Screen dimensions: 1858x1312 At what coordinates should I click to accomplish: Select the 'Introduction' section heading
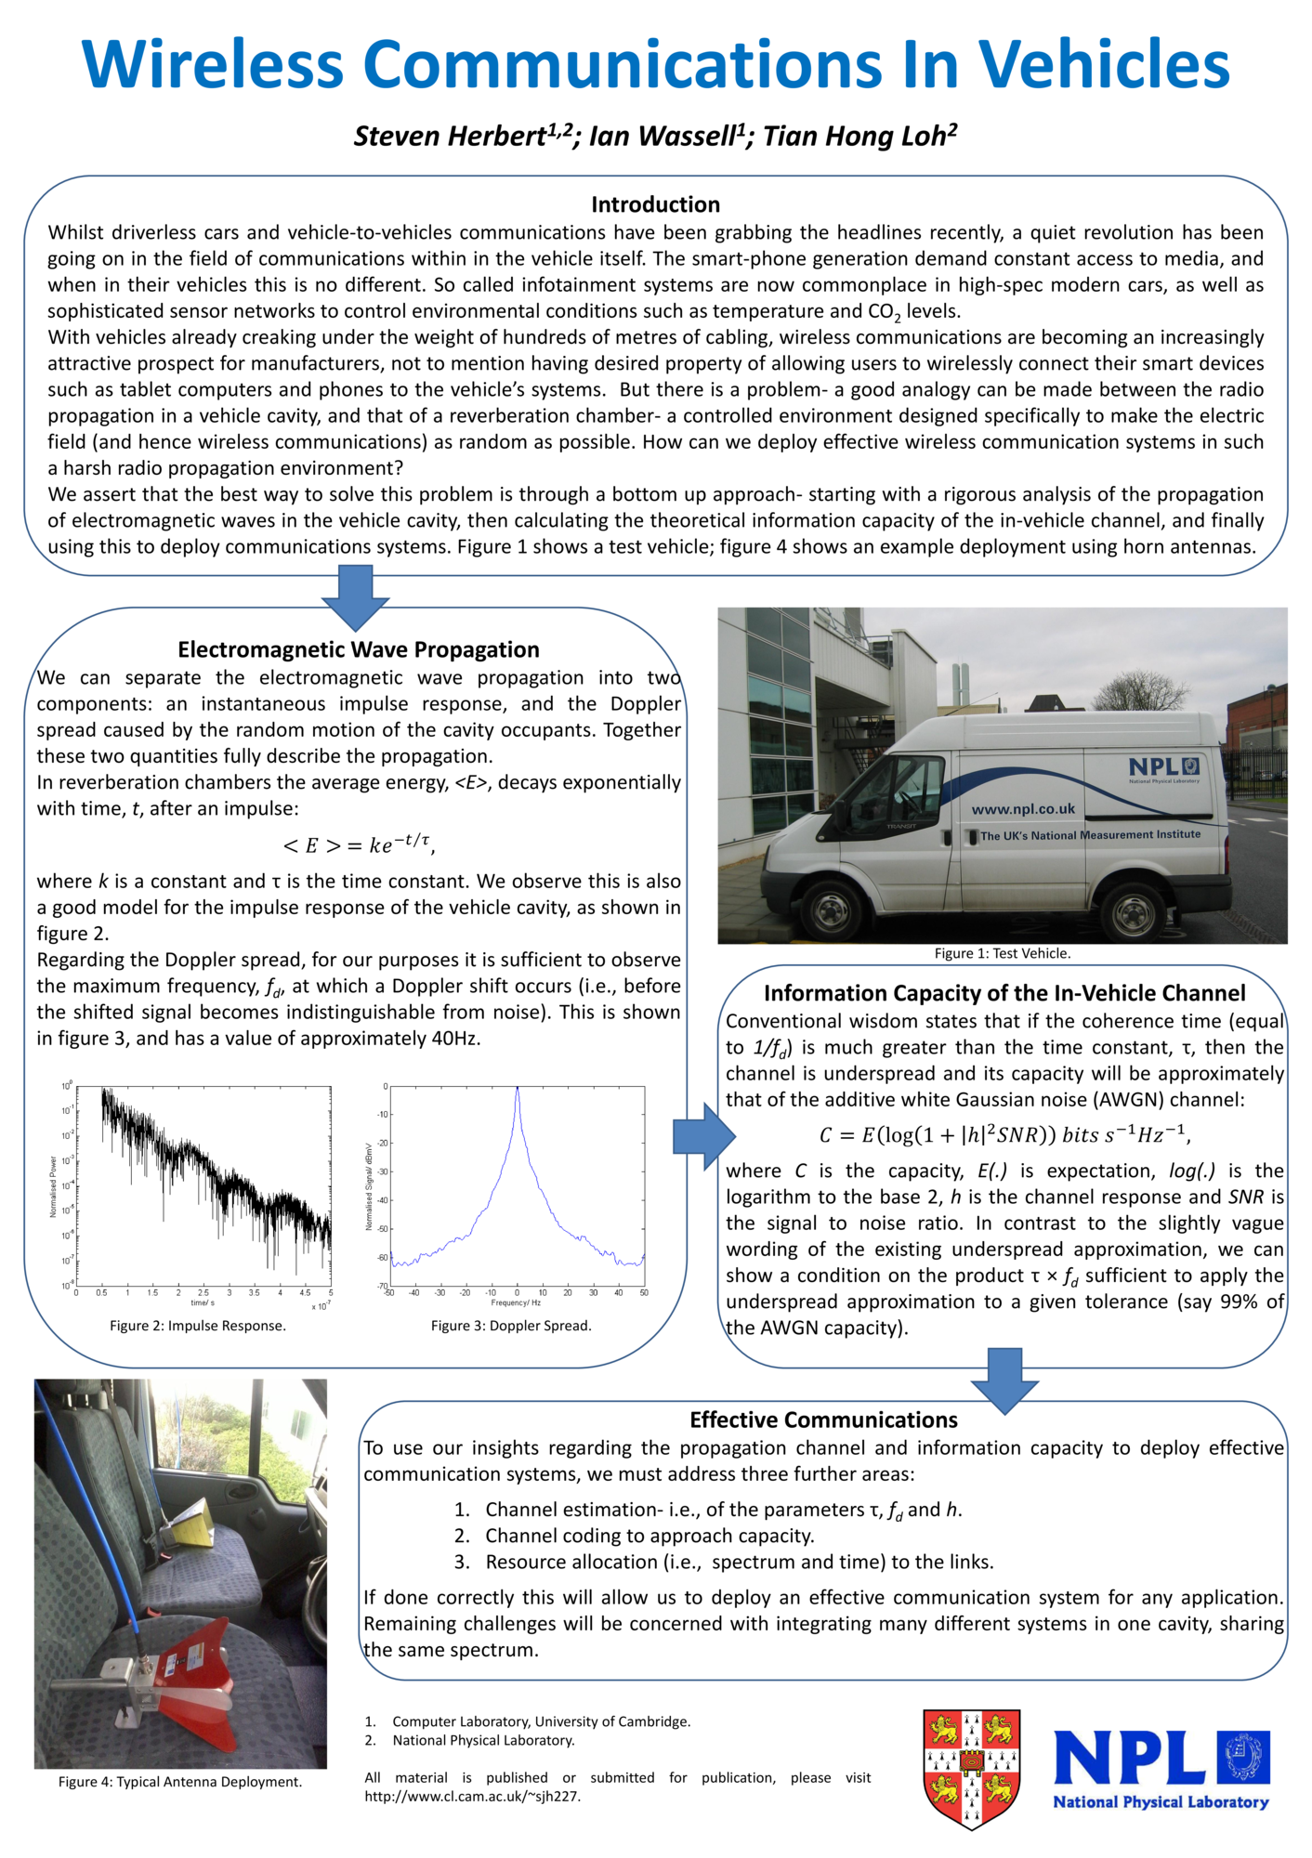pyautogui.click(x=655, y=204)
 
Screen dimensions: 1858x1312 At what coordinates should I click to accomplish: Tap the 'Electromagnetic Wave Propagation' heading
pyautogui.click(x=358, y=649)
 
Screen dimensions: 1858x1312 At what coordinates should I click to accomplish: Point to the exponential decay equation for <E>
pyautogui.click(x=358, y=844)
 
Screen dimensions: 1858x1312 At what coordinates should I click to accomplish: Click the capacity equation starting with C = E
pyautogui.click(x=1004, y=1134)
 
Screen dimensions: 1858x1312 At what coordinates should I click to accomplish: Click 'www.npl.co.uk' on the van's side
pyautogui.click(x=1023, y=809)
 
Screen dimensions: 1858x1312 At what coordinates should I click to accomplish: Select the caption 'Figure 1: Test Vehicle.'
pyautogui.click(x=1003, y=953)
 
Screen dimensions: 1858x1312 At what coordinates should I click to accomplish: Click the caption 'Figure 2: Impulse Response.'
pyautogui.click(x=198, y=1326)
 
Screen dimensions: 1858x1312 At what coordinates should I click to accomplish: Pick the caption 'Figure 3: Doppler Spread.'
pyautogui.click(x=511, y=1326)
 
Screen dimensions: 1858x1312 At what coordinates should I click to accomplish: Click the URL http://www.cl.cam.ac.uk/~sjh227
pyautogui.click(x=472, y=1796)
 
